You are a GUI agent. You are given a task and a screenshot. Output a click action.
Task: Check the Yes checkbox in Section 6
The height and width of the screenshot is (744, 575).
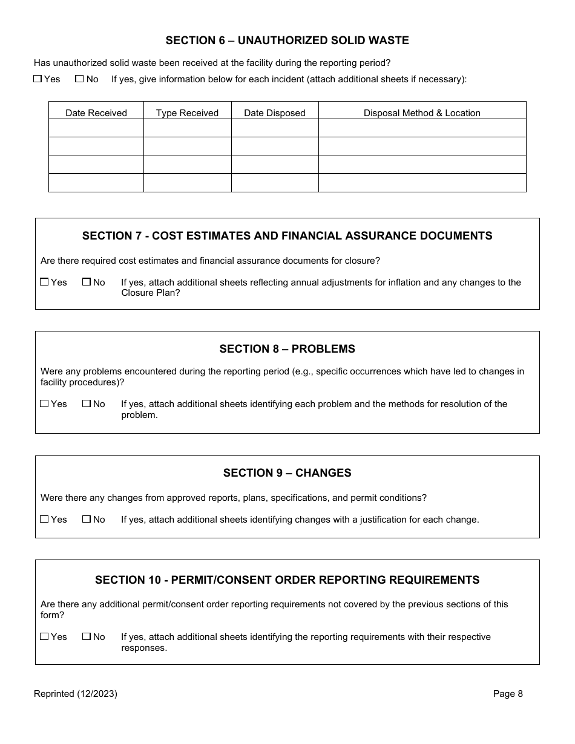(38, 79)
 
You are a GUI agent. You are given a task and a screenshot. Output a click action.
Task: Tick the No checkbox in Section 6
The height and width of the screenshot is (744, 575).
(79, 79)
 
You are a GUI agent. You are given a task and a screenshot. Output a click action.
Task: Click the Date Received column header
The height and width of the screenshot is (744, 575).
(96, 113)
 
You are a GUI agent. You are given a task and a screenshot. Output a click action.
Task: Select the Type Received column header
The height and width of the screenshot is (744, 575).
(187, 113)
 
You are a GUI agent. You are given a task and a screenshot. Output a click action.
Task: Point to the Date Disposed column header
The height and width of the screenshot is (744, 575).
(275, 113)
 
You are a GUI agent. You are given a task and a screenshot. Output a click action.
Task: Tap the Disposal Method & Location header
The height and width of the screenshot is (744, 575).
(422, 113)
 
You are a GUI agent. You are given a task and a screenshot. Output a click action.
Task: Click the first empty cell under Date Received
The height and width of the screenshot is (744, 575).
(96, 128)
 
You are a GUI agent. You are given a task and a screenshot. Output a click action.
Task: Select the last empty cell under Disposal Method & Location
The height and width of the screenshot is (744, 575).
(422, 183)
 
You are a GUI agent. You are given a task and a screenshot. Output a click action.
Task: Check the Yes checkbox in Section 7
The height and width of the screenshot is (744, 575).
(44, 282)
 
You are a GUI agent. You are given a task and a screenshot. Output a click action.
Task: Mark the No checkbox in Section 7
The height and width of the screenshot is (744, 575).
(87, 282)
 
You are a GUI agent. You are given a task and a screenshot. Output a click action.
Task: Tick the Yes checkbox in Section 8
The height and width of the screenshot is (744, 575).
(44, 403)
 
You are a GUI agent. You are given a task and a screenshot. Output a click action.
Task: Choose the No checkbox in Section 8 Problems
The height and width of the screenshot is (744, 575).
(87, 403)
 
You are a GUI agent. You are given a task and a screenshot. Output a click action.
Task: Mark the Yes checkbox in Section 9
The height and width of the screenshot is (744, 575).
(44, 519)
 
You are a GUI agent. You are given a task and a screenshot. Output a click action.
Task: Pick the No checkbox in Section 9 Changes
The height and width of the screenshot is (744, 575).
(87, 519)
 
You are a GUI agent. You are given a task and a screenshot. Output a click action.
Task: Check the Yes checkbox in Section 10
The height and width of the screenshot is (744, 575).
(44, 636)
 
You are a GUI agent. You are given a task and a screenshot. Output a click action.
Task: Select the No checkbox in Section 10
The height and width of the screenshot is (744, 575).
(87, 636)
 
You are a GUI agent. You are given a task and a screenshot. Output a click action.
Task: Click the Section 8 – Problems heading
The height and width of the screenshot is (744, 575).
(287, 349)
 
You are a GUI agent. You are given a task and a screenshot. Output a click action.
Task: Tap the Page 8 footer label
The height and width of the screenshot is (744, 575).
(508, 694)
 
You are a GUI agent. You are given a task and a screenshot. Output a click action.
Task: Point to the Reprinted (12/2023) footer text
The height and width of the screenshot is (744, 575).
(76, 694)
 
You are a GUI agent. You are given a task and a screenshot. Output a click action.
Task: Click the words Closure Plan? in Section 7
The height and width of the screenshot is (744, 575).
(151, 293)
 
